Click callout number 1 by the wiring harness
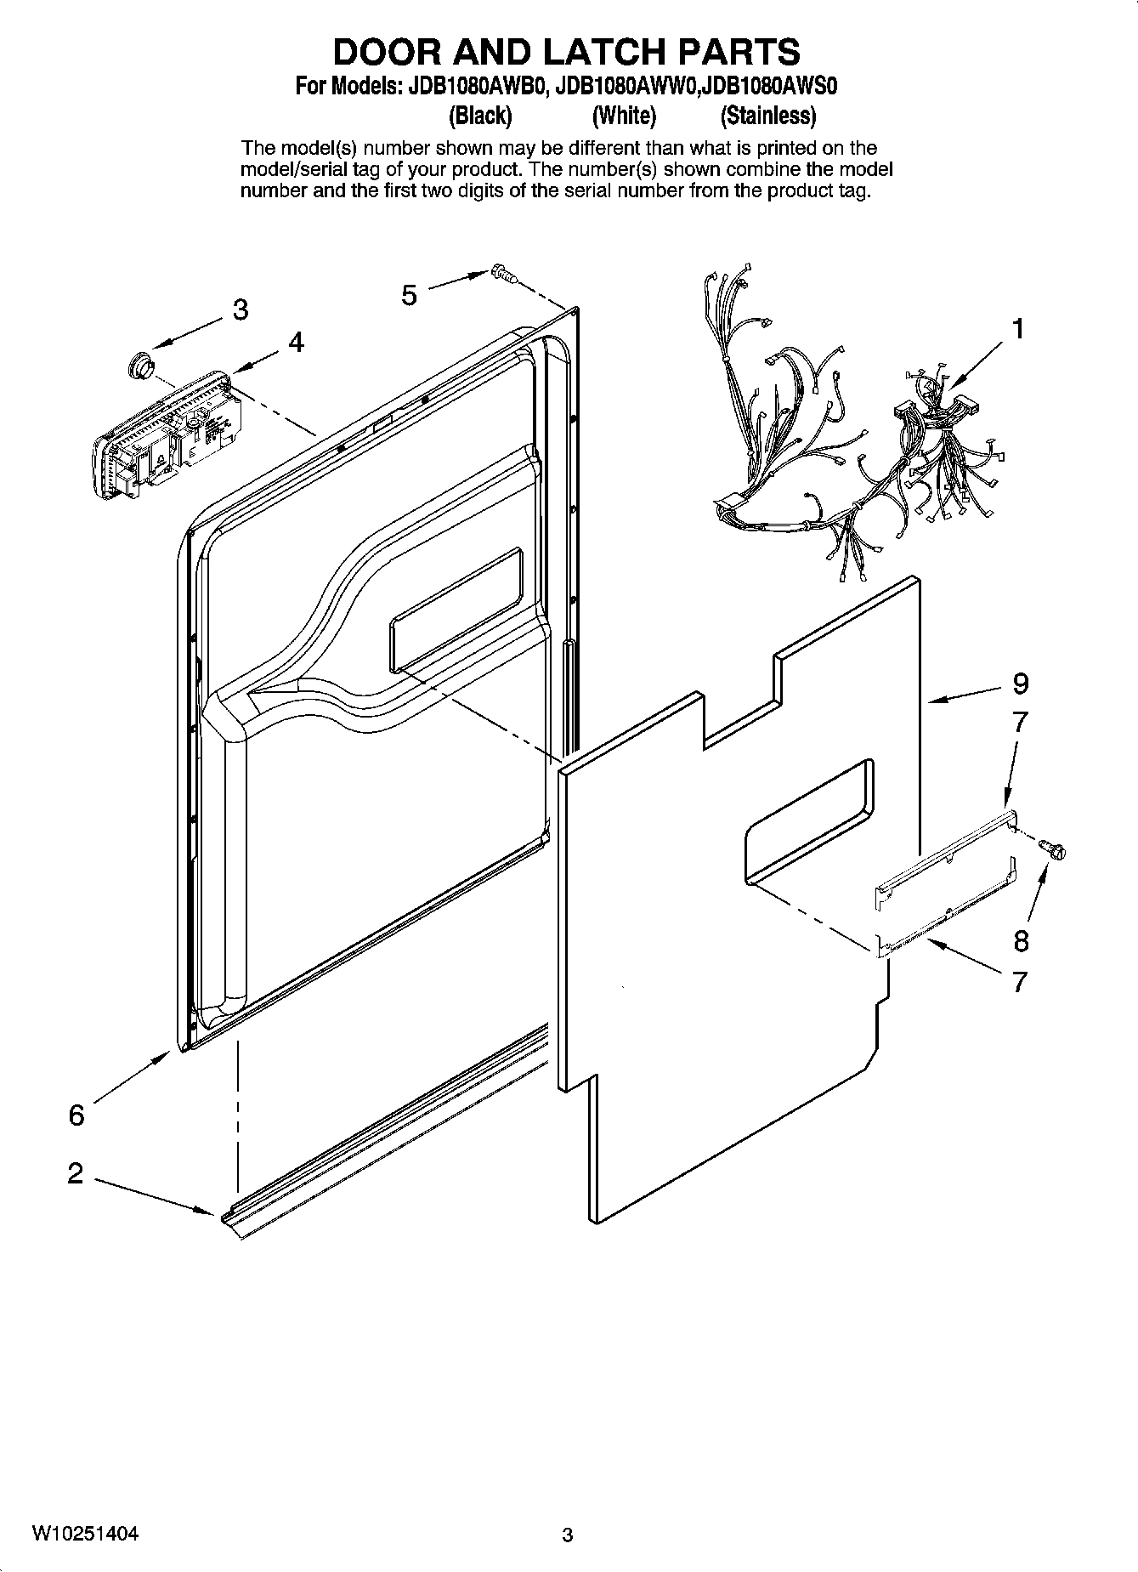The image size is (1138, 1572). tap(1017, 328)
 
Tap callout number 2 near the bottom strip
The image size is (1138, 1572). tap(76, 1174)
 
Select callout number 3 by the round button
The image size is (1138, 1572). tap(241, 310)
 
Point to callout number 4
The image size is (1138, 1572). tap(295, 342)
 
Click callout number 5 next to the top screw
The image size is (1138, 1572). tap(410, 295)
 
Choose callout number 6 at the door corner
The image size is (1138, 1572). tap(76, 1114)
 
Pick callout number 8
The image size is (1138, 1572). tap(1020, 940)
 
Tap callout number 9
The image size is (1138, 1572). tap(1020, 683)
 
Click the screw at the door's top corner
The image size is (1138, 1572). tap(503, 274)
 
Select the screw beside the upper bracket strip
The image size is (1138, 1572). tap(1054, 847)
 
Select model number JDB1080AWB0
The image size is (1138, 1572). tap(473, 87)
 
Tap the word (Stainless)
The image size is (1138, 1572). tap(767, 115)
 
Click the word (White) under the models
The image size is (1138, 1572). tap(624, 115)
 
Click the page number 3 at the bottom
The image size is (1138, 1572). tap(568, 1535)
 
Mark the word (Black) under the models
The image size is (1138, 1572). tap(479, 115)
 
